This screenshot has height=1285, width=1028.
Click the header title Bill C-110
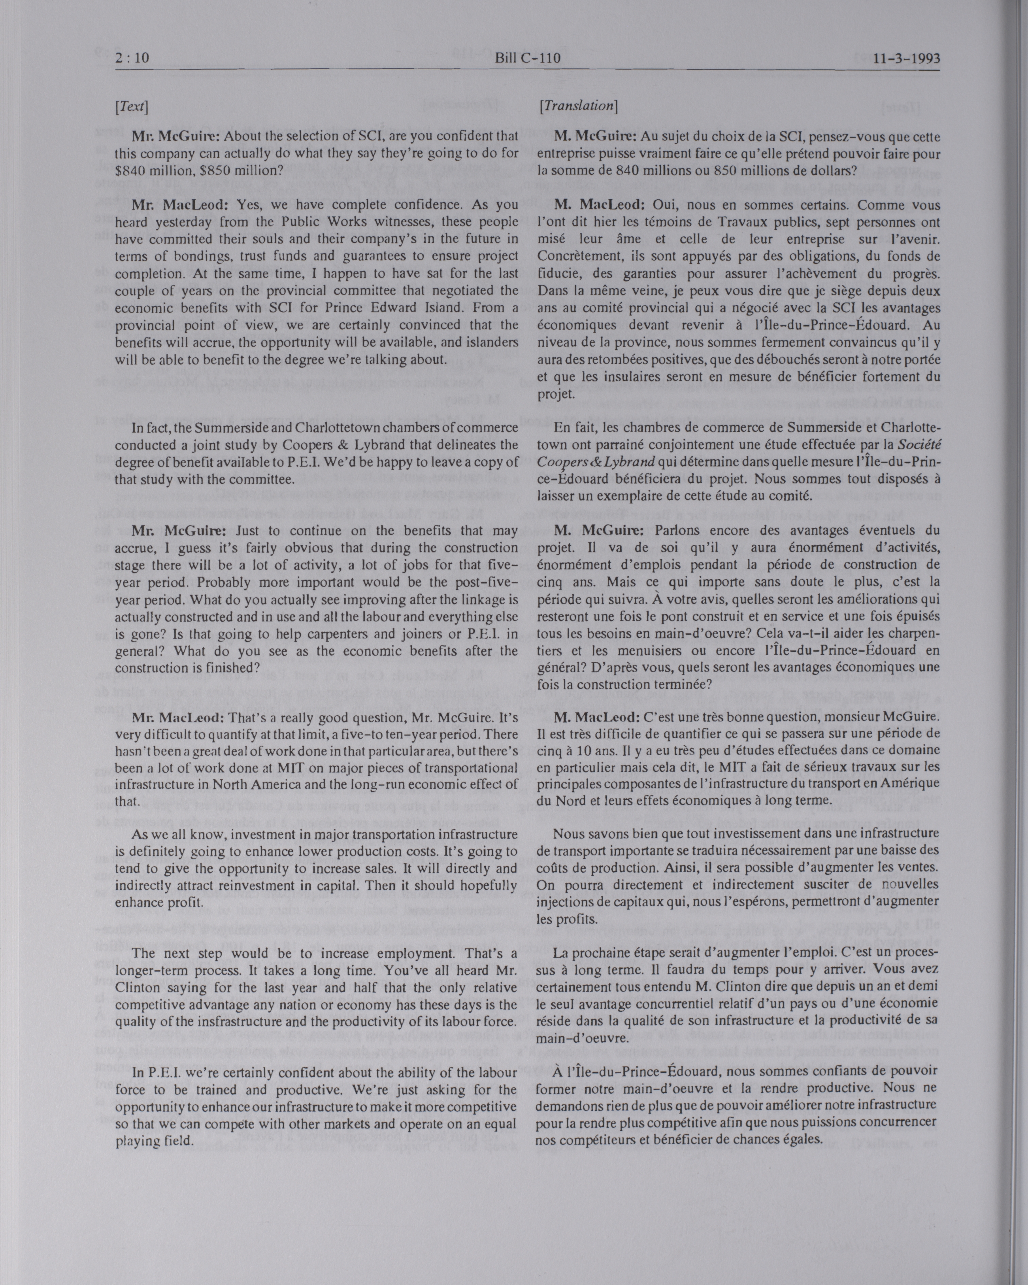pyautogui.click(x=528, y=59)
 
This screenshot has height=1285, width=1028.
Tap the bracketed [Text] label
pyautogui.click(x=131, y=107)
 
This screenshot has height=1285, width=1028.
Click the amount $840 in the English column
pyautogui.click(x=130, y=169)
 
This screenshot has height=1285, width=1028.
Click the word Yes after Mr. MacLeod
pyautogui.click(x=247, y=205)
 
